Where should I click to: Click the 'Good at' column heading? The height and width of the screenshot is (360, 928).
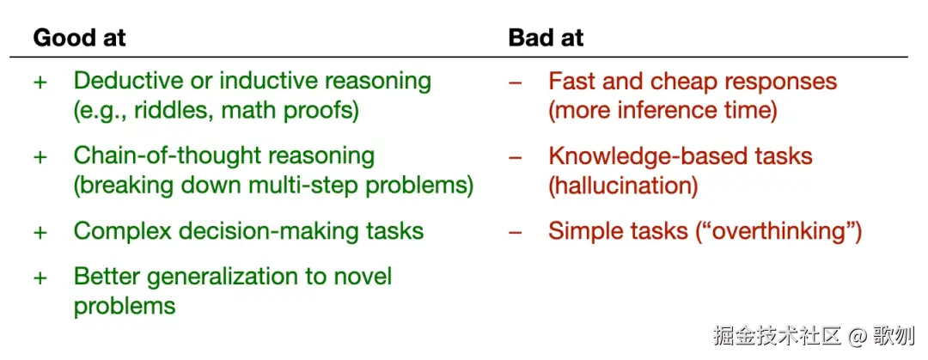tap(79, 38)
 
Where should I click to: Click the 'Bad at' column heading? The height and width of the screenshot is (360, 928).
tap(546, 38)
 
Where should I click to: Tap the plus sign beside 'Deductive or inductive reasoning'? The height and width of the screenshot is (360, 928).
tap(40, 82)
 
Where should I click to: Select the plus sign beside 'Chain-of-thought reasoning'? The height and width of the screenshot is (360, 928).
tap(40, 157)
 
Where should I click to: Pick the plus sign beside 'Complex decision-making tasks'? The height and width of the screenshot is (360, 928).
tap(40, 232)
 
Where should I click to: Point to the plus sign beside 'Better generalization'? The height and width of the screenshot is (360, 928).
tap(40, 278)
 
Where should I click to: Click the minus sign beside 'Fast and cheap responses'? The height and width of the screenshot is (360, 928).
tap(516, 82)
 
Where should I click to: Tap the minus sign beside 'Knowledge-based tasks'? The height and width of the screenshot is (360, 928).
tap(516, 157)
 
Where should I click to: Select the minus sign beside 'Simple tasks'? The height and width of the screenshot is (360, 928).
tap(516, 232)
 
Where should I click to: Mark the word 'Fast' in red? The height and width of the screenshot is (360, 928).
tap(570, 81)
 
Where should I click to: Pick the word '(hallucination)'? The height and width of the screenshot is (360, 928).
tap(623, 186)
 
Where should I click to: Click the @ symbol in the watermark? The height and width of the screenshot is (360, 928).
tap(857, 336)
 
